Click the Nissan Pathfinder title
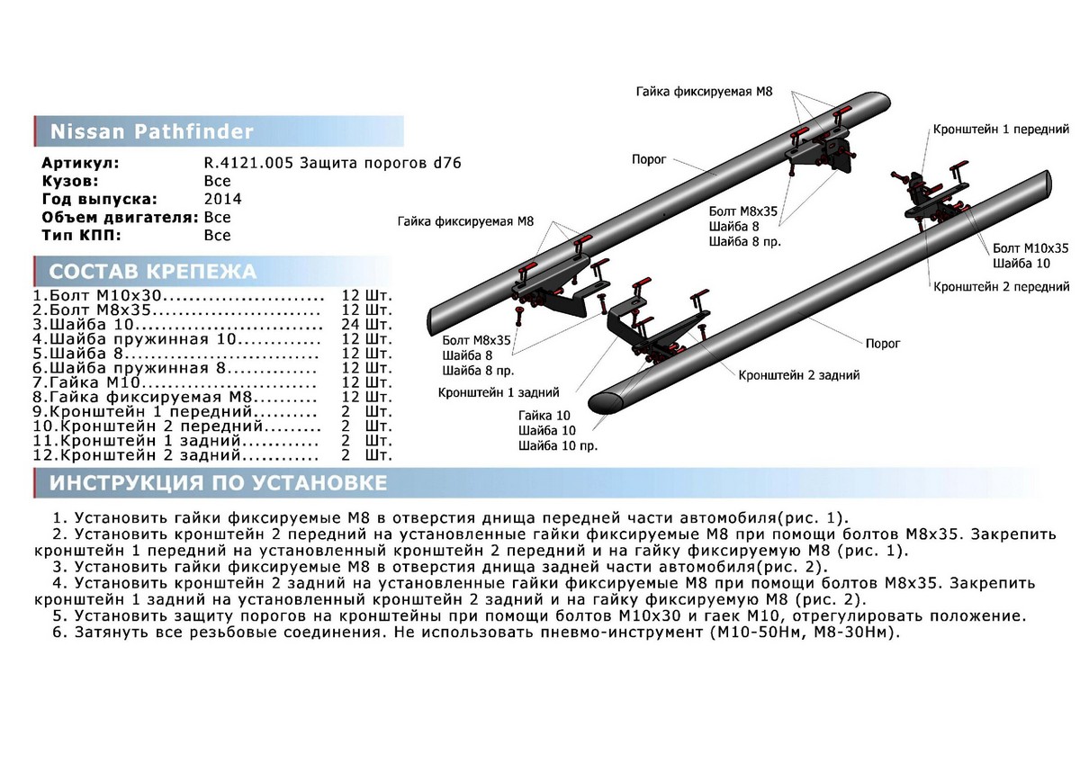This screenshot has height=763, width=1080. pyautogui.click(x=151, y=132)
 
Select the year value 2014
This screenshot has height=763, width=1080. pyautogui.click(x=222, y=199)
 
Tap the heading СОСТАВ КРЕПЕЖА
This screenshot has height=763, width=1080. pyautogui.click(x=152, y=272)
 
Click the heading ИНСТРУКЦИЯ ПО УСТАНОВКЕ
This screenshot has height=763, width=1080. pyautogui.click(x=218, y=483)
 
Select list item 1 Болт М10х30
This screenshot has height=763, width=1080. pyautogui.click(x=100, y=295)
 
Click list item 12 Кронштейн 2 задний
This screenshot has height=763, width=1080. pyautogui.click(x=136, y=455)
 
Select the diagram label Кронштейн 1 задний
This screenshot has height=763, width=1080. pyautogui.click(x=499, y=393)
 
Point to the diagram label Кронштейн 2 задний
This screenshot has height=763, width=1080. pyautogui.click(x=798, y=374)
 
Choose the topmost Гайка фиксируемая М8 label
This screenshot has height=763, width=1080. pyautogui.click(x=704, y=92)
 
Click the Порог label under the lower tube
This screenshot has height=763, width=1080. pyautogui.click(x=882, y=343)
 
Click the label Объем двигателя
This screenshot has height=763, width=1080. pyautogui.click(x=121, y=217)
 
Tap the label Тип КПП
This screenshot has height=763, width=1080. pyautogui.click(x=81, y=235)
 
